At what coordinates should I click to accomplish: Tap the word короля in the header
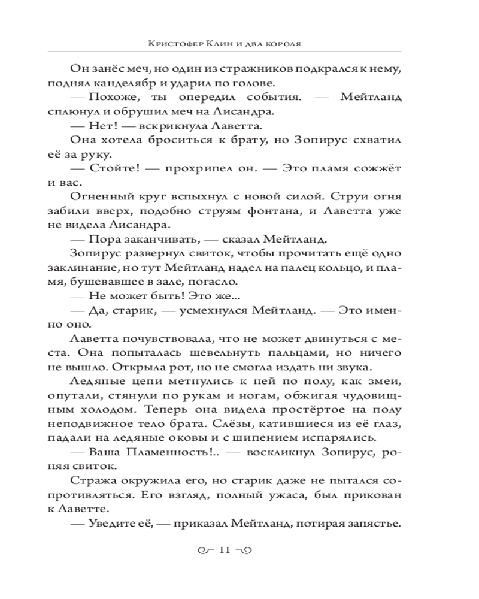coord(295,44)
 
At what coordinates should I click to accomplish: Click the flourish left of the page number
coord(206,550)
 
